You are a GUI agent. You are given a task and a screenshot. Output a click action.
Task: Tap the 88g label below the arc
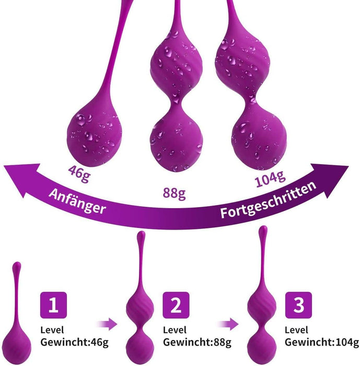[x=175, y=193]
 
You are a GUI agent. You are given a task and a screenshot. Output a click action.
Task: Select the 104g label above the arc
[x=270, y=180]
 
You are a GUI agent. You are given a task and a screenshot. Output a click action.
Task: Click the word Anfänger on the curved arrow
[x=77, y=201]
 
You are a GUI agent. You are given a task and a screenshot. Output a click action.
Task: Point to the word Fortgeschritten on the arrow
[x=268, y=200]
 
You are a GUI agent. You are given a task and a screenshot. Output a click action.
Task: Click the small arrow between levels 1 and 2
[x=108, y=325]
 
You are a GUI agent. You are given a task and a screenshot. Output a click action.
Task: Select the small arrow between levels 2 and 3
[x=230, y=325]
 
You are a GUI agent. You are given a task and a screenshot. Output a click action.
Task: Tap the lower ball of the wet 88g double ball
[x=175, y=139]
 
